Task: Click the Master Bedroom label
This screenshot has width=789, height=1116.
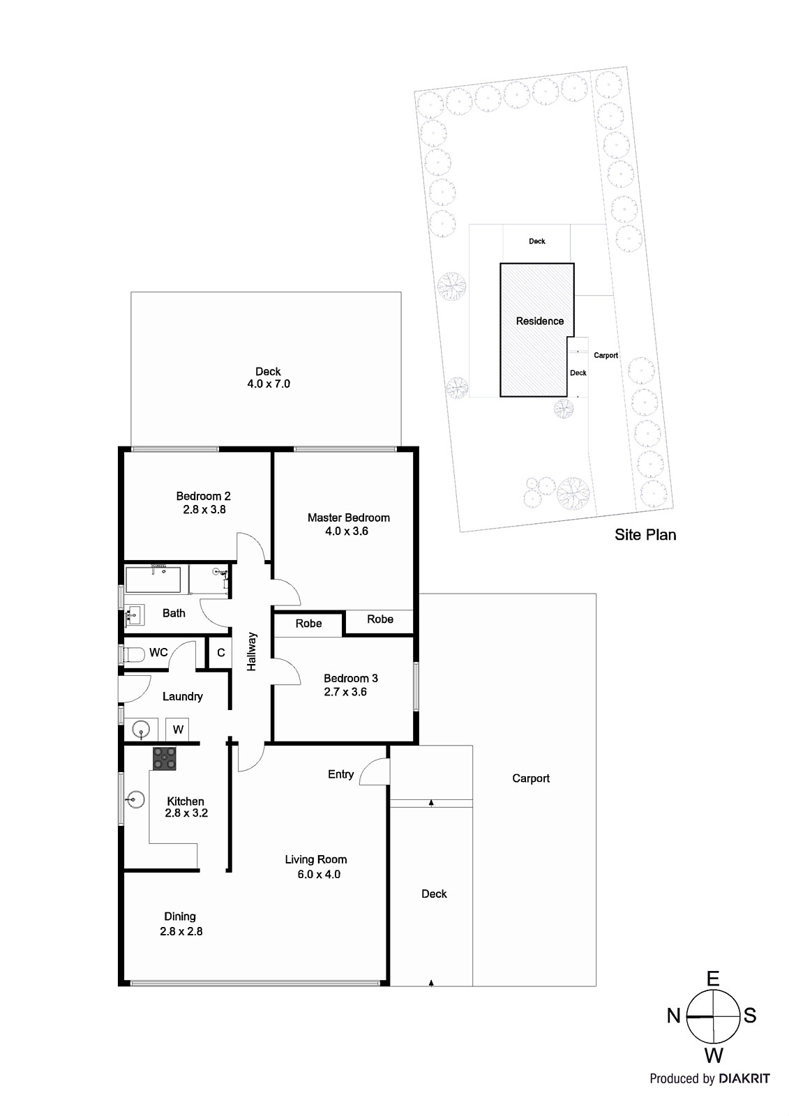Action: pyautogui.click(x=348, y=518)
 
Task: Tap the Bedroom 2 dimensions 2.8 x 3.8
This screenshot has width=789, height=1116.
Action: pyautogui.click(x=203, y=510)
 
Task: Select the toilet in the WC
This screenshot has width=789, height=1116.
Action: pyautogui.click(x=133, y=654)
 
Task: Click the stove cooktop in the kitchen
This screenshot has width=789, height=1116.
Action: pyautogui.click(x=165, y=759)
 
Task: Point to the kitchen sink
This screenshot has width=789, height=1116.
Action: pyautogui.click(x=137, y=798)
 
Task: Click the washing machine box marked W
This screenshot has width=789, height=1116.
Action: pyautogui.click(x=178, y=730)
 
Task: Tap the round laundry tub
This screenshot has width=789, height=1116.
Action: pyautogui.click(x=142, y=730)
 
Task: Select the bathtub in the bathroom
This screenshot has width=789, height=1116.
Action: pyautogui.click(x=153, y=580)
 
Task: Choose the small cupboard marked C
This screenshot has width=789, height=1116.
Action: pyautogui.click(x=220, y=653)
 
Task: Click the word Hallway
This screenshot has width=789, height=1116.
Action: pyautogui.click(x=252, y=651)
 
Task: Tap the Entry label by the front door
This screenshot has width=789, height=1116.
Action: pyautogui.click(x=340, y=774)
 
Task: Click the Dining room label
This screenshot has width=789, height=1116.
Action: pyautogui.click(x=180, y=917)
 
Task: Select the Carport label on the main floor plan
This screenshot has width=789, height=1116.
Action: pyautogui.click(x=531, y=778)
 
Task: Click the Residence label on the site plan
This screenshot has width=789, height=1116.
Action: pyautogui.click(x=539, y=322)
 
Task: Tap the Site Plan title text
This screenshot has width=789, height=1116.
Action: pyautogui.click(x=645, y=535)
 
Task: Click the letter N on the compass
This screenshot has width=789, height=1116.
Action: pyautogui.click(x=673, y=1016)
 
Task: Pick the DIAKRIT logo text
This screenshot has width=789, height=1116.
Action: pyautogui.click(x=744, y=1078)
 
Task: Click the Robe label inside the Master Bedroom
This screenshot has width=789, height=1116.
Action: pyautogui.click(x=380, y=619)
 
